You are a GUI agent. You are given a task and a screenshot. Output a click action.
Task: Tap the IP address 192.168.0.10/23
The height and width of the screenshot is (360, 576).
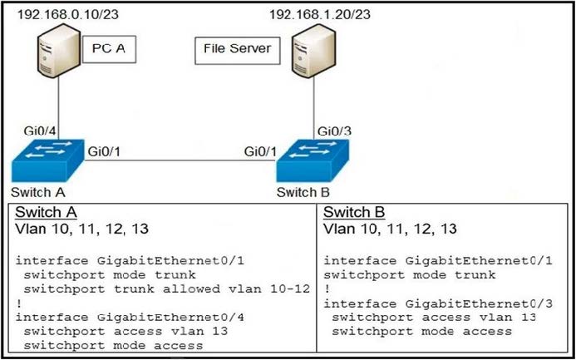(68, 14)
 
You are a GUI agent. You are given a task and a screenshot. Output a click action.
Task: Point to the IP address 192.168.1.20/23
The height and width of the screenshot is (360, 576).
(320, 14)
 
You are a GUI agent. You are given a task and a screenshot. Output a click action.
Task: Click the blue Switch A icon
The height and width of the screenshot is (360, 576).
(47, 161)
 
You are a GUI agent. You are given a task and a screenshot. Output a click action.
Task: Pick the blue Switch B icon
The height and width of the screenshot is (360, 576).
(313, 160)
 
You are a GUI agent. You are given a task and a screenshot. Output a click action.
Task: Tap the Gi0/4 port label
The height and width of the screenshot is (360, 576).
(39, 131)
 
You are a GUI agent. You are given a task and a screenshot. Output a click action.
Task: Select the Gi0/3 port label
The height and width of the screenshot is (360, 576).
(334, 131)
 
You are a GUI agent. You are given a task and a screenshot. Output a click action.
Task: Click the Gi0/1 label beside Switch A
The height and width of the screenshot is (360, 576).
(104, 151)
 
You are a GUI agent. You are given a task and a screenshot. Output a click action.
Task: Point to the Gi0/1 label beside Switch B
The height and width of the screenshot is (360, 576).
(260, 151)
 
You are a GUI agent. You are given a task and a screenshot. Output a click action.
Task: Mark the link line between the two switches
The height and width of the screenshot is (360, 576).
(180, 160)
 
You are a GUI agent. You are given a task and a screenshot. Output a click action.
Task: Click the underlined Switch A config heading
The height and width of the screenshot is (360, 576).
(46, 212)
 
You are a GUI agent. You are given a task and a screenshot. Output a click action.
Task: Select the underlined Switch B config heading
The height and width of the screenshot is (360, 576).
(354, 212)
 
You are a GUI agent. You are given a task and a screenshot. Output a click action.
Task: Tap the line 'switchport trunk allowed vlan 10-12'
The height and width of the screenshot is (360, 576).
(167, 288)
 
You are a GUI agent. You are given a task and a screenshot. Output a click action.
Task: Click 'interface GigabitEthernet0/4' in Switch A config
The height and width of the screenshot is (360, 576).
(130, 317)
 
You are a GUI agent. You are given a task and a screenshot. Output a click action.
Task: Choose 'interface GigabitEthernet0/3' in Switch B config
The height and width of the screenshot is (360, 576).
(438, 303)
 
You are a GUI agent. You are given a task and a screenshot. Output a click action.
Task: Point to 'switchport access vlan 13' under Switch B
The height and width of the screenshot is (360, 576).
(434, 318)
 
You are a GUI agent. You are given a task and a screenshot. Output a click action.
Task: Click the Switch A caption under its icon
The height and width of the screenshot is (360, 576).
(38, 192)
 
